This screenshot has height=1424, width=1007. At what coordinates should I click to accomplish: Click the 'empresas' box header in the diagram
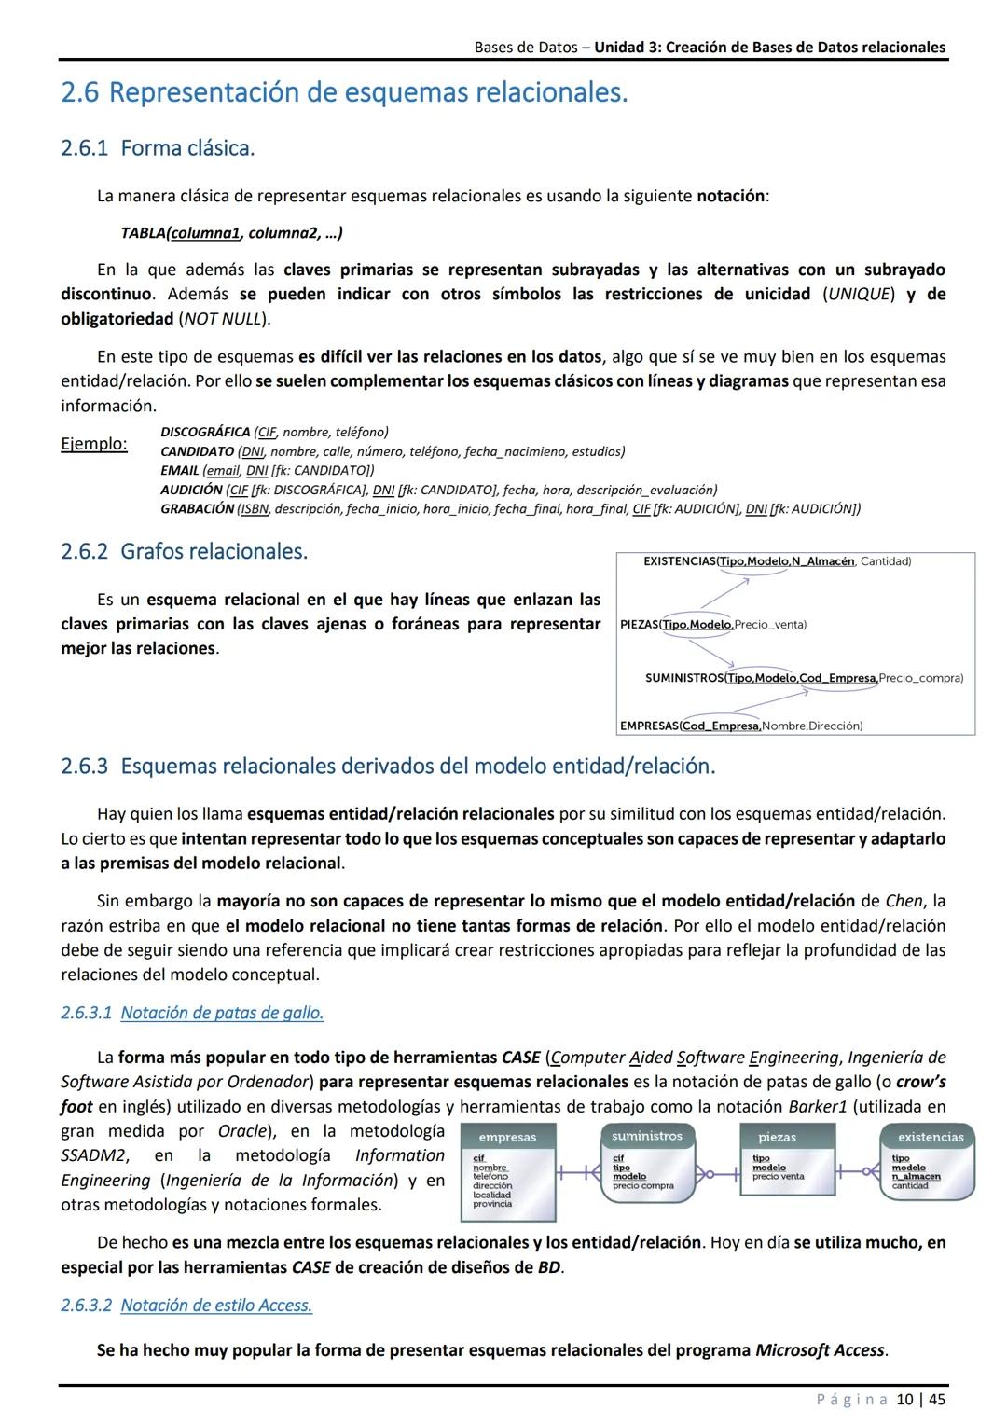[507, 1137]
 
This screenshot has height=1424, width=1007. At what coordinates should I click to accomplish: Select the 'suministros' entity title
[647, 1135]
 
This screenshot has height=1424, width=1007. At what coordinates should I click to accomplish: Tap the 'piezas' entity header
[777, 1137]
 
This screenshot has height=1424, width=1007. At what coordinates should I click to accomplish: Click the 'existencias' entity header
[930, 1137]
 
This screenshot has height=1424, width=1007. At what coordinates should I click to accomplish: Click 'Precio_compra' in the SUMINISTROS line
[920, 678]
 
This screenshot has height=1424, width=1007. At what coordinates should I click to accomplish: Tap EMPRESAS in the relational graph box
[648, 726]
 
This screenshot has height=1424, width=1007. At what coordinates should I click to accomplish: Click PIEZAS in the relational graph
[639, 624]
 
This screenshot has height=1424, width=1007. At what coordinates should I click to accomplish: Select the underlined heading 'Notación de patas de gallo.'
[222, 1013]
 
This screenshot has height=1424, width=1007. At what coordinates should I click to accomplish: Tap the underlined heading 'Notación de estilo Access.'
[216, 1306]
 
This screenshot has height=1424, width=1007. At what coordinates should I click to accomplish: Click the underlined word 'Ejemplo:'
[93, 443]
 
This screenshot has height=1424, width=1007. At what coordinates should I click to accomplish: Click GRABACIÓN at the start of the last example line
[197, 508]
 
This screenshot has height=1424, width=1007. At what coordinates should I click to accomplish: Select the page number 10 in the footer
[904, 1399]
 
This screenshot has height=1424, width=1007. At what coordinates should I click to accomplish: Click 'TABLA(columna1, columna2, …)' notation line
[231, 232]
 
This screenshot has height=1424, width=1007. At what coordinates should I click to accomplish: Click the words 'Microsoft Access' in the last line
[819, 1350]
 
